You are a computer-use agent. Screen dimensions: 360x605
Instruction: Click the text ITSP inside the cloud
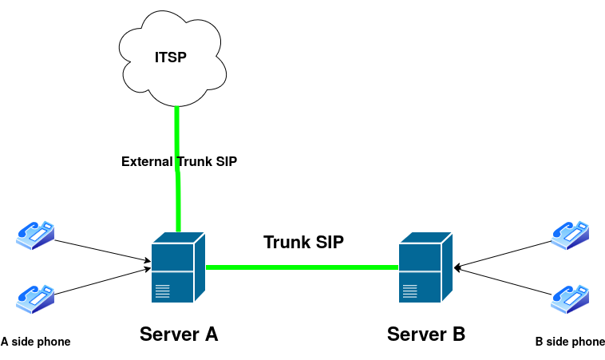(x=170, y=57)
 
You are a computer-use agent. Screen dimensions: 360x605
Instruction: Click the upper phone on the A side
(x=35, y=235)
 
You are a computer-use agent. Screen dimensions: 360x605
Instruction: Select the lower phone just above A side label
(x=35, y=298)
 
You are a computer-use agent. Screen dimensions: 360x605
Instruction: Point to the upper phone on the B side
(x=570, y=235)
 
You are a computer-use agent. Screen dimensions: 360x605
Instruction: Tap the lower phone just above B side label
(x=570, y=298)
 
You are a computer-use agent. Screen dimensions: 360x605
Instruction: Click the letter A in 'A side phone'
(x=5, y=342)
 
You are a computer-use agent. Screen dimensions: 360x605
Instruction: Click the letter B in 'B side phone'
(x=539, y=342)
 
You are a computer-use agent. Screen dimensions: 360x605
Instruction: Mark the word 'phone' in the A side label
(x=54, y=342)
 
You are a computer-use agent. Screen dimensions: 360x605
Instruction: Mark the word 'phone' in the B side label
(x=588, y=342)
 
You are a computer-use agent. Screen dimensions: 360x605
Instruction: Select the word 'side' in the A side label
(x=23, y=342)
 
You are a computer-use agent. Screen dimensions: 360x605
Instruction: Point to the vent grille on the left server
(x=163, y=291)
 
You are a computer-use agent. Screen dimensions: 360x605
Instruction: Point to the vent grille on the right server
(x=410, y=291)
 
